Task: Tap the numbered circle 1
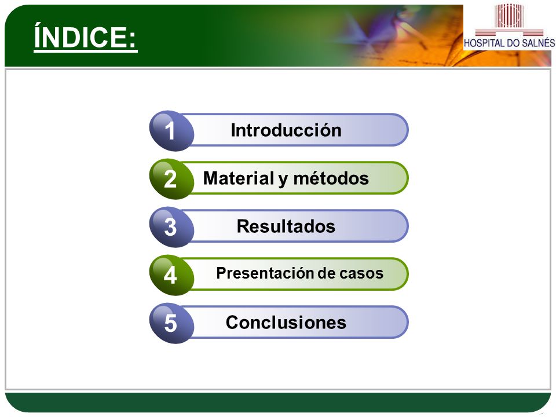coord(171,131)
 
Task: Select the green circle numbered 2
coord(171,179)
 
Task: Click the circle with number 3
coord(171,227)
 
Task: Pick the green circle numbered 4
coord(171,275)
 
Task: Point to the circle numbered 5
coord(171,323)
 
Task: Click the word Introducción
coord(286,130)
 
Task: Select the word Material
coord(238,178)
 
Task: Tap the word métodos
coord(331,178)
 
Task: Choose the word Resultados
coord(286,226)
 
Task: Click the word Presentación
coord(265,273)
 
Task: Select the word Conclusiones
coord(286,323)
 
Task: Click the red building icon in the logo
coord(509,16)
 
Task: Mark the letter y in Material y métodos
coord(283,180)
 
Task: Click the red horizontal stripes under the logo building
coord(509,33)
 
